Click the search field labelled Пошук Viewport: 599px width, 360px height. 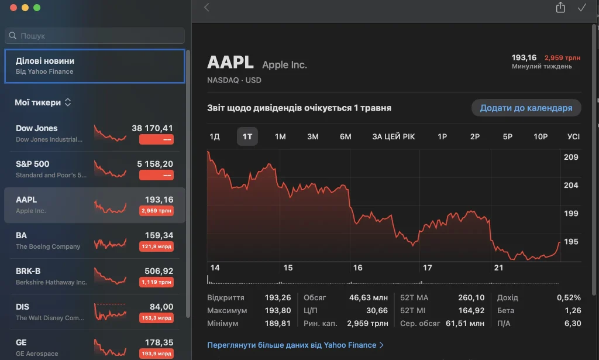(95, 36)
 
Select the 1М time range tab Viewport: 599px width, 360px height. (280, 136)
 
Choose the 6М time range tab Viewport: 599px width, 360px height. (345, 136)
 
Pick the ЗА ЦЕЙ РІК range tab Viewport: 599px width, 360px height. (394, 136)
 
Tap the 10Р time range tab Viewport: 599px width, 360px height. (540, 136)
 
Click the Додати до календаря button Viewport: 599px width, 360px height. (526, 108)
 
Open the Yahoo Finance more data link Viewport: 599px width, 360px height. (295, 345)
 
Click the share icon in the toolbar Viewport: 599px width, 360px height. (560, 7)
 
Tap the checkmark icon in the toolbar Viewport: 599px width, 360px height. (582, 8)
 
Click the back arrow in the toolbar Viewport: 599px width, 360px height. (206, 7)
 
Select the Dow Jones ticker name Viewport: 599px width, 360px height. (37, 128)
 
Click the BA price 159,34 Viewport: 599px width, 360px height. (159, 235)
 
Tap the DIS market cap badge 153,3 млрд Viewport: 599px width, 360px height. (157, 318)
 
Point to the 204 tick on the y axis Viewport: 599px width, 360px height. (571, 186)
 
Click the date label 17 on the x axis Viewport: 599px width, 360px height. (428, 268)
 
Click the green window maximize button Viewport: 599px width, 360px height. (37, 8)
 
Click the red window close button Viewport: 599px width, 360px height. (13, 8)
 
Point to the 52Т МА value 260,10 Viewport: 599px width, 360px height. (471, 298)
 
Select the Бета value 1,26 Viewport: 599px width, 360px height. (573, 311)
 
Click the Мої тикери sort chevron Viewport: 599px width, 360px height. (68, 102)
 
